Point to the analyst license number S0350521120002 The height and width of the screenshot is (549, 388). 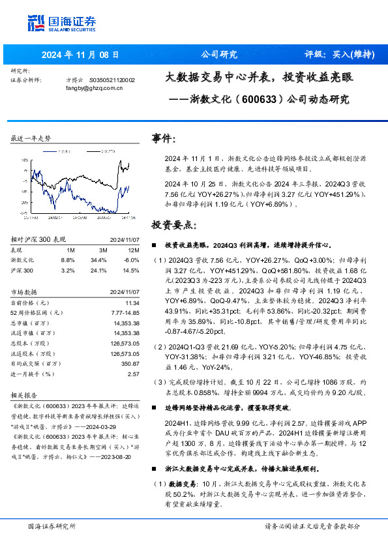click(112, 80)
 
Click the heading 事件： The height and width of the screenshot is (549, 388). click(163, 139)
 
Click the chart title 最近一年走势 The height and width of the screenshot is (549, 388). click(31, 138)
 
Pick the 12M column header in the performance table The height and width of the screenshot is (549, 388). click(134, 250)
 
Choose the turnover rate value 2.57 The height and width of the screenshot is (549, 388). click(134, 374)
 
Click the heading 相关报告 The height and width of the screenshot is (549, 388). click(25, 395)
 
